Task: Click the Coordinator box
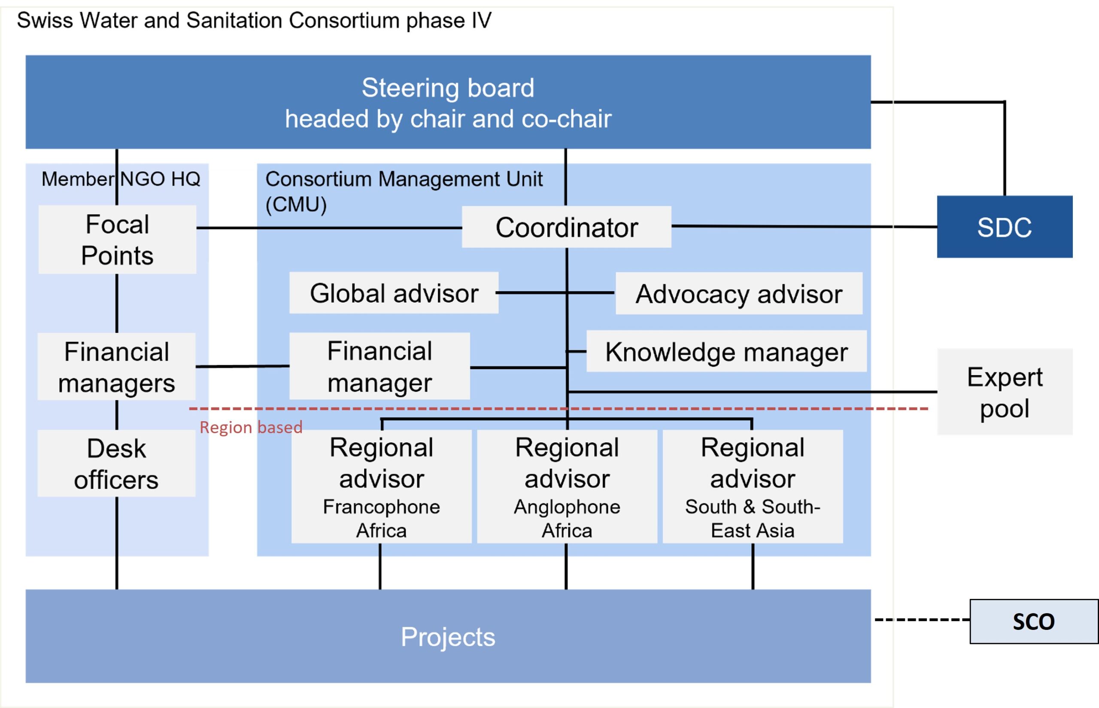pyautogui.click(x=566, y=227)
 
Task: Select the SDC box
pyautogui.click(x=1005, y=227)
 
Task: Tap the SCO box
pyautogui.click(x=1034, y=622)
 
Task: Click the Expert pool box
pyautogui.click(x=1005, y=392)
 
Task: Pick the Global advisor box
pyautogui.click(x=394, y=293)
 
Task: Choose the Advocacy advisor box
pyautogui.click(x=739, y=293)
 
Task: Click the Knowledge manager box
pyautogui.click(x=727, y=351)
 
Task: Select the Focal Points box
pyautogui.click(x=117, y=240)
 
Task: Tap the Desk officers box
pyautogui.click(x=116, y=463)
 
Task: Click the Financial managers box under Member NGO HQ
pyautogui.click(x=116, y=366)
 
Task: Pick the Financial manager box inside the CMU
pyautogui.click(x=379, y=366)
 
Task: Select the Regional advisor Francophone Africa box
pyautogui.click(x=382, y=486)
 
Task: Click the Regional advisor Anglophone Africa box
pyautogui.click(x=567, y=486)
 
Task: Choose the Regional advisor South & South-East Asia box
pyautogui.click(x=753, y=486)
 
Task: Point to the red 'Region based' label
pyautogui.click(x=251, y=428)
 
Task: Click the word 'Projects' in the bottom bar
pyautogui.click(x=448, y=637)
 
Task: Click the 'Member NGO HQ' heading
pyautogui.click(x=121, y=179)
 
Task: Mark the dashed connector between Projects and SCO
pyautogui.click(x=922, y=620)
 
